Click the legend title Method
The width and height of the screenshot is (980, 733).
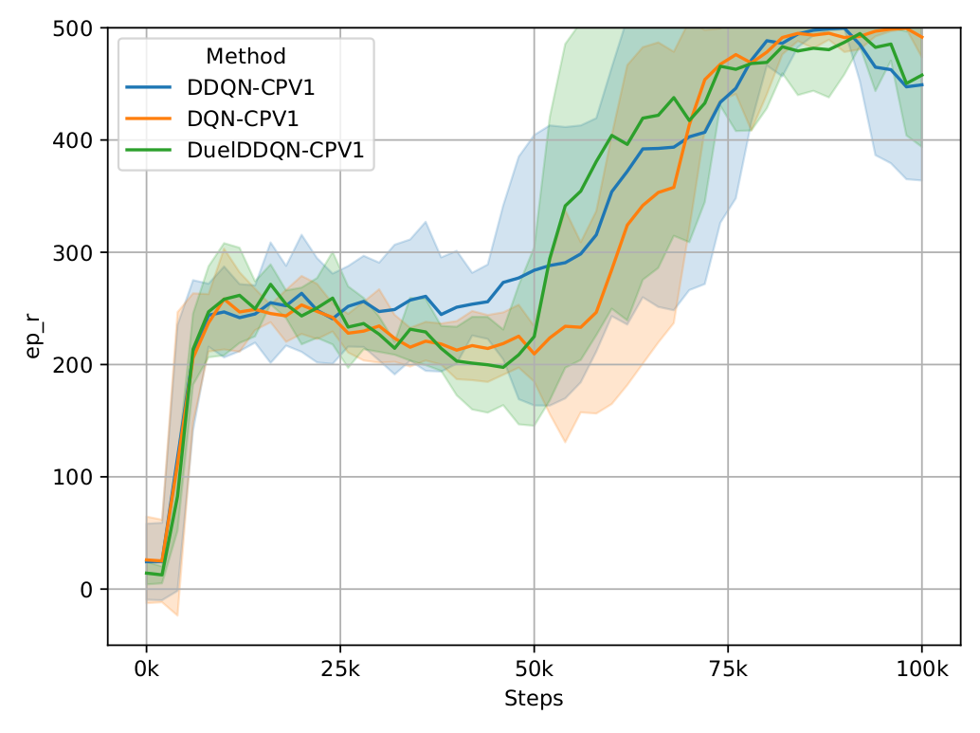(x=245, y=57)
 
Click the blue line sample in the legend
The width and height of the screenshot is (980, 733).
(x=149, y=88)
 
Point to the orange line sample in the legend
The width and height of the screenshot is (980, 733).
(x=149, y=119)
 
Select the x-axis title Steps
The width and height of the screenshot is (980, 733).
(x=534, y=700)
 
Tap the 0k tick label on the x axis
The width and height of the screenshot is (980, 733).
(x=146, y=669)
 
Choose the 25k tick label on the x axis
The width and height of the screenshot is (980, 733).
(x=339, y=669)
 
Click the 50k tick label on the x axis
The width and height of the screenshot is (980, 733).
(x=534, y=669)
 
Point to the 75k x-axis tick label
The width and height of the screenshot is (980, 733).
(x=728, y=669)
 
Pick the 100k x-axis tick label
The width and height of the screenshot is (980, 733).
(x=922, y=669)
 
